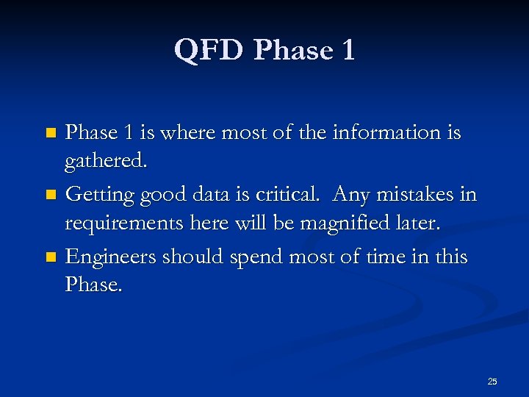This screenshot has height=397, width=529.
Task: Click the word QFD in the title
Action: (209, 51)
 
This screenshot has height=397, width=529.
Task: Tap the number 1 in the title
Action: (347, 51)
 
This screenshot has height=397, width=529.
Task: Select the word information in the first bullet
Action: (395, 132)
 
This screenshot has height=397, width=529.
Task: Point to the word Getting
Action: (97, 196)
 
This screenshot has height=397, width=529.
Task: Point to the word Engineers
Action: (110, 257)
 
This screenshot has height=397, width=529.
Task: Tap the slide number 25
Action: (492, 381)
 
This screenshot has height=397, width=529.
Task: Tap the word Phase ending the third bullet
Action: (93, 284)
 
